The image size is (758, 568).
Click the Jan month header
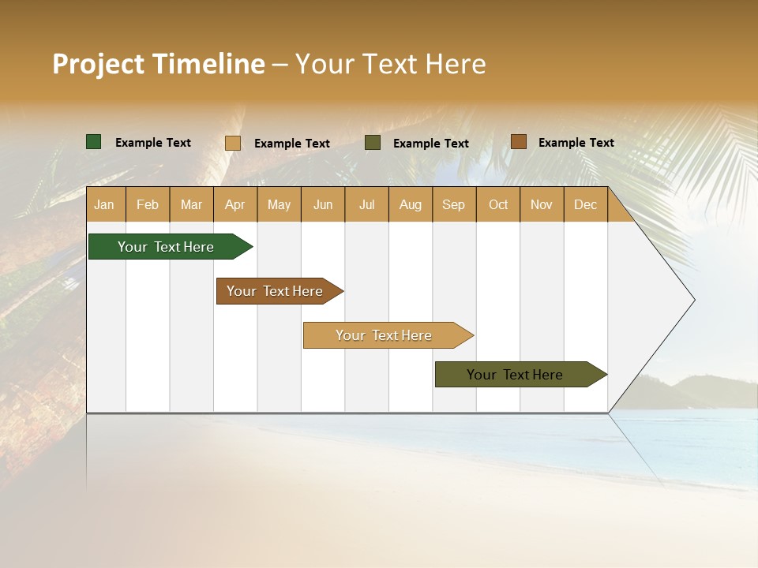coord(104,204)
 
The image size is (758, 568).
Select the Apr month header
coord(235,204)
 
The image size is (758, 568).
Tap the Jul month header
coord(366,204)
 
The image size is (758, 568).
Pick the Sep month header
coord(453,204)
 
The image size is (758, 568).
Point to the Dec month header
coord(585,204)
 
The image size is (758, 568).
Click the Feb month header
coord(148,204)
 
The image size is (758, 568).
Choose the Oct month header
coord(498,204)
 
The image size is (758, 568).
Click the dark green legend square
coord(94,142)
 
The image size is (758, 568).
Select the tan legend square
coord(233,143)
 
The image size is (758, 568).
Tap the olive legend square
coord(373,143)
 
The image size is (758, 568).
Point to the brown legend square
coord(518,142)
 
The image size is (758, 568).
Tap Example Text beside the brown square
coord(576,143)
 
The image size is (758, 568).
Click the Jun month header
coord(322,204)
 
